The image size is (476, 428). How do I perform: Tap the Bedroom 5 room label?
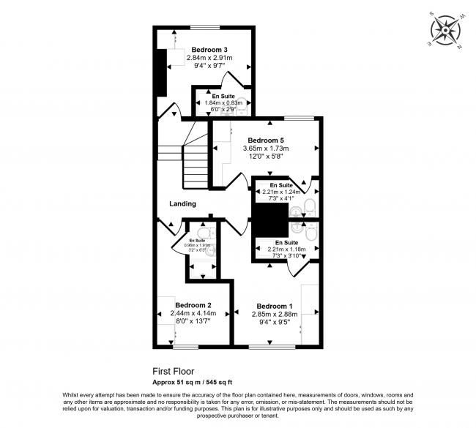265,140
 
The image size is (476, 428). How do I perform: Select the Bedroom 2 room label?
193,305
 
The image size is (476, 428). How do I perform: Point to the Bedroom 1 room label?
275,306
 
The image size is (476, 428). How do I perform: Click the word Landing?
182,203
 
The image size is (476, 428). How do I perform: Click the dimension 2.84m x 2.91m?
210,57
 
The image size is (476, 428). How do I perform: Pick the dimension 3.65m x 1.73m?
265,148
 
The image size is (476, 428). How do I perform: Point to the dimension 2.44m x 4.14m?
193,313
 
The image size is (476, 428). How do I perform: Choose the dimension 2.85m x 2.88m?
275,314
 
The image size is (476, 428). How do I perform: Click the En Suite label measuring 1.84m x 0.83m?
225,97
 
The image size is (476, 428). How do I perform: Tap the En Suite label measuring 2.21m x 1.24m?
282,186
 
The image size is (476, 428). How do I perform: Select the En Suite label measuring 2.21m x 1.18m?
286,242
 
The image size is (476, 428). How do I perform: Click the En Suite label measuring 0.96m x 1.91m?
197,241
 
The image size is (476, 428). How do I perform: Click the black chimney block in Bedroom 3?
160,74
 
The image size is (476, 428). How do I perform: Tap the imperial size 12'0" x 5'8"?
265,156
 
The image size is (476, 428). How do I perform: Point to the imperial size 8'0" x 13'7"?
193,321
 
